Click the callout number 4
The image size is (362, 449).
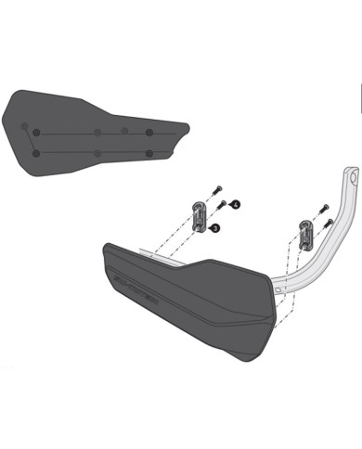point(236,202)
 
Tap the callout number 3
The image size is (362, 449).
point(215,226)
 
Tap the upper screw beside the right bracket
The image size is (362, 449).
point(321,207)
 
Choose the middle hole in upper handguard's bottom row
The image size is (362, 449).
point(97,152)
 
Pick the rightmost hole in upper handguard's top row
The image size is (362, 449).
point(149,132)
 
